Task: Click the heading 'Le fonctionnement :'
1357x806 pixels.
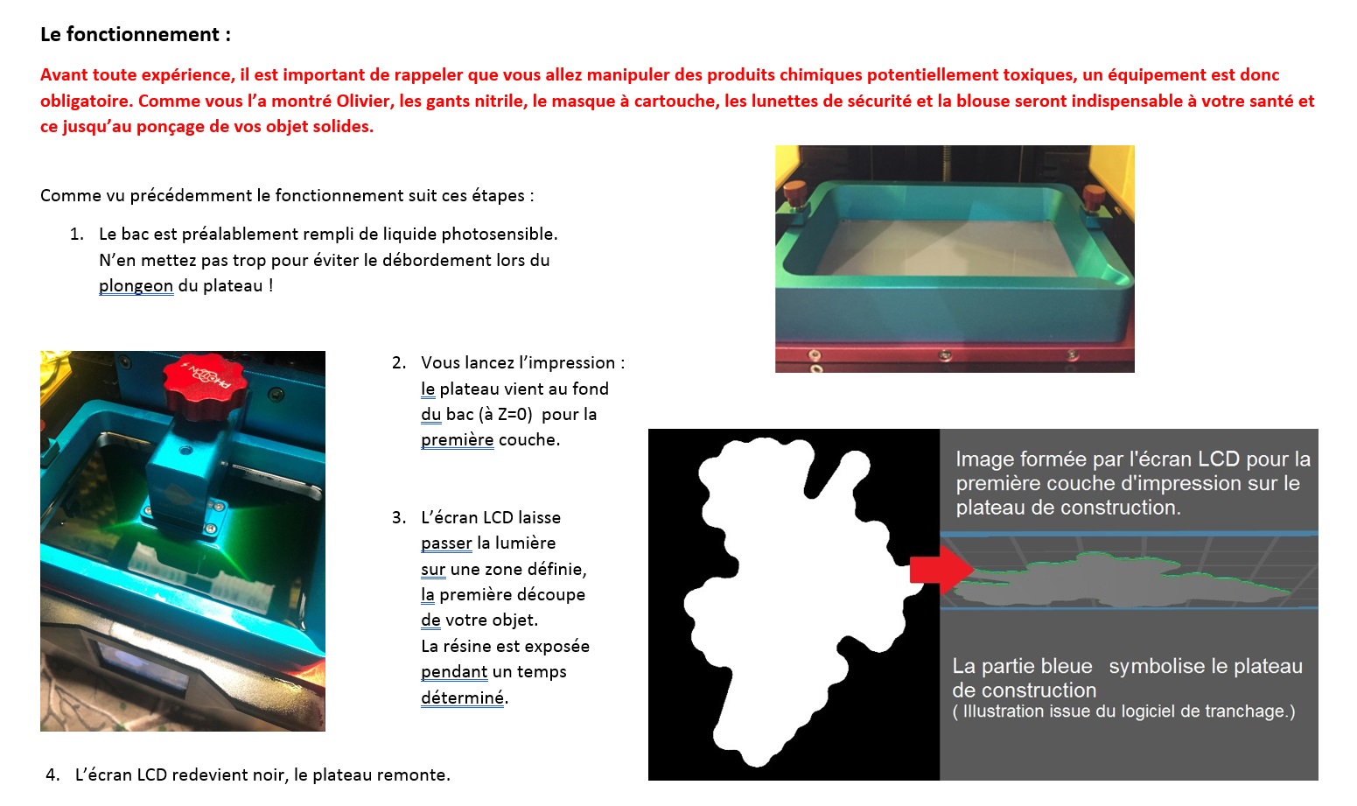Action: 136,35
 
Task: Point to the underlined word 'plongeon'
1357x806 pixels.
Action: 136,286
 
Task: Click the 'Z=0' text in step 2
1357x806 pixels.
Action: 512,414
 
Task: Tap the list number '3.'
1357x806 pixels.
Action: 399,517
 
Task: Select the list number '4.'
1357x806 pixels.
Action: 52,774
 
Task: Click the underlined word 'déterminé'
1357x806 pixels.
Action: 462,698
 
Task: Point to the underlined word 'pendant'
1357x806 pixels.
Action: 454,672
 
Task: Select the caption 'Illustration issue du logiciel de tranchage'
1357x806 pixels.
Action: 1123,711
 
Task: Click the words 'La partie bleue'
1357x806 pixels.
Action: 1022,666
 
